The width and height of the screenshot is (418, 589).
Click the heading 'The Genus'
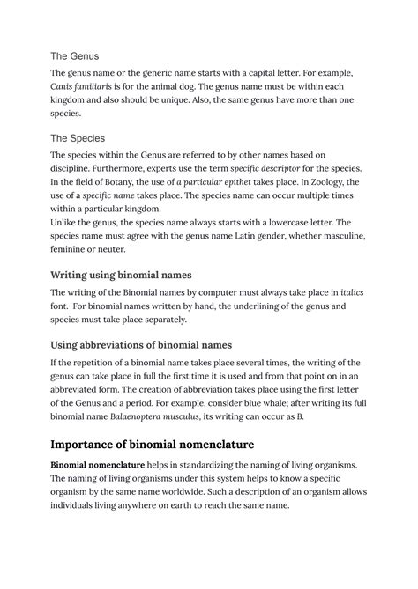coord(75,55)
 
